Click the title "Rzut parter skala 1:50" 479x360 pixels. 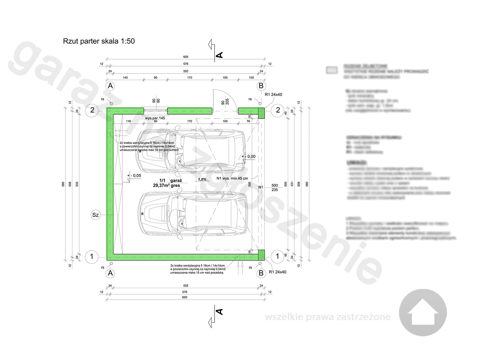[x=99, y=41]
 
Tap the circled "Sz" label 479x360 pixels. [x=95, y=215]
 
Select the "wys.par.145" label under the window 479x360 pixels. [x=155, y=118]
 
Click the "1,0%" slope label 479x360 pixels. [x=202, y=179]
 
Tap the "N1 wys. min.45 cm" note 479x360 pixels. [x=232, y=178]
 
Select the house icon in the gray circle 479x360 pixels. [x=423, y=313]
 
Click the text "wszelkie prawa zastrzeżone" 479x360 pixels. [x=327, y=317]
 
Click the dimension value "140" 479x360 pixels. [x=126, y=78]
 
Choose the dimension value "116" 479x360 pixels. [x=128, y=121]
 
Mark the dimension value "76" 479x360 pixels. [x=248, y=121]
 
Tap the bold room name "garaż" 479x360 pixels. [x=176, y=180]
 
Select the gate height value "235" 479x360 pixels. [x=274, y=190]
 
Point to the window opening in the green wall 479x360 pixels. [x=156, y=111]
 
